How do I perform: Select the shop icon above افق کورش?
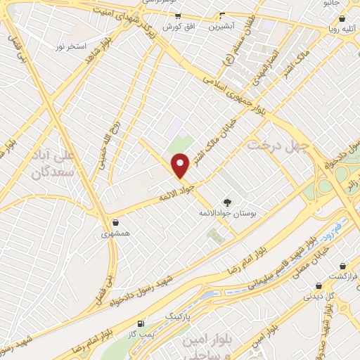[178, 15]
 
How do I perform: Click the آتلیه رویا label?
[342, 29]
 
